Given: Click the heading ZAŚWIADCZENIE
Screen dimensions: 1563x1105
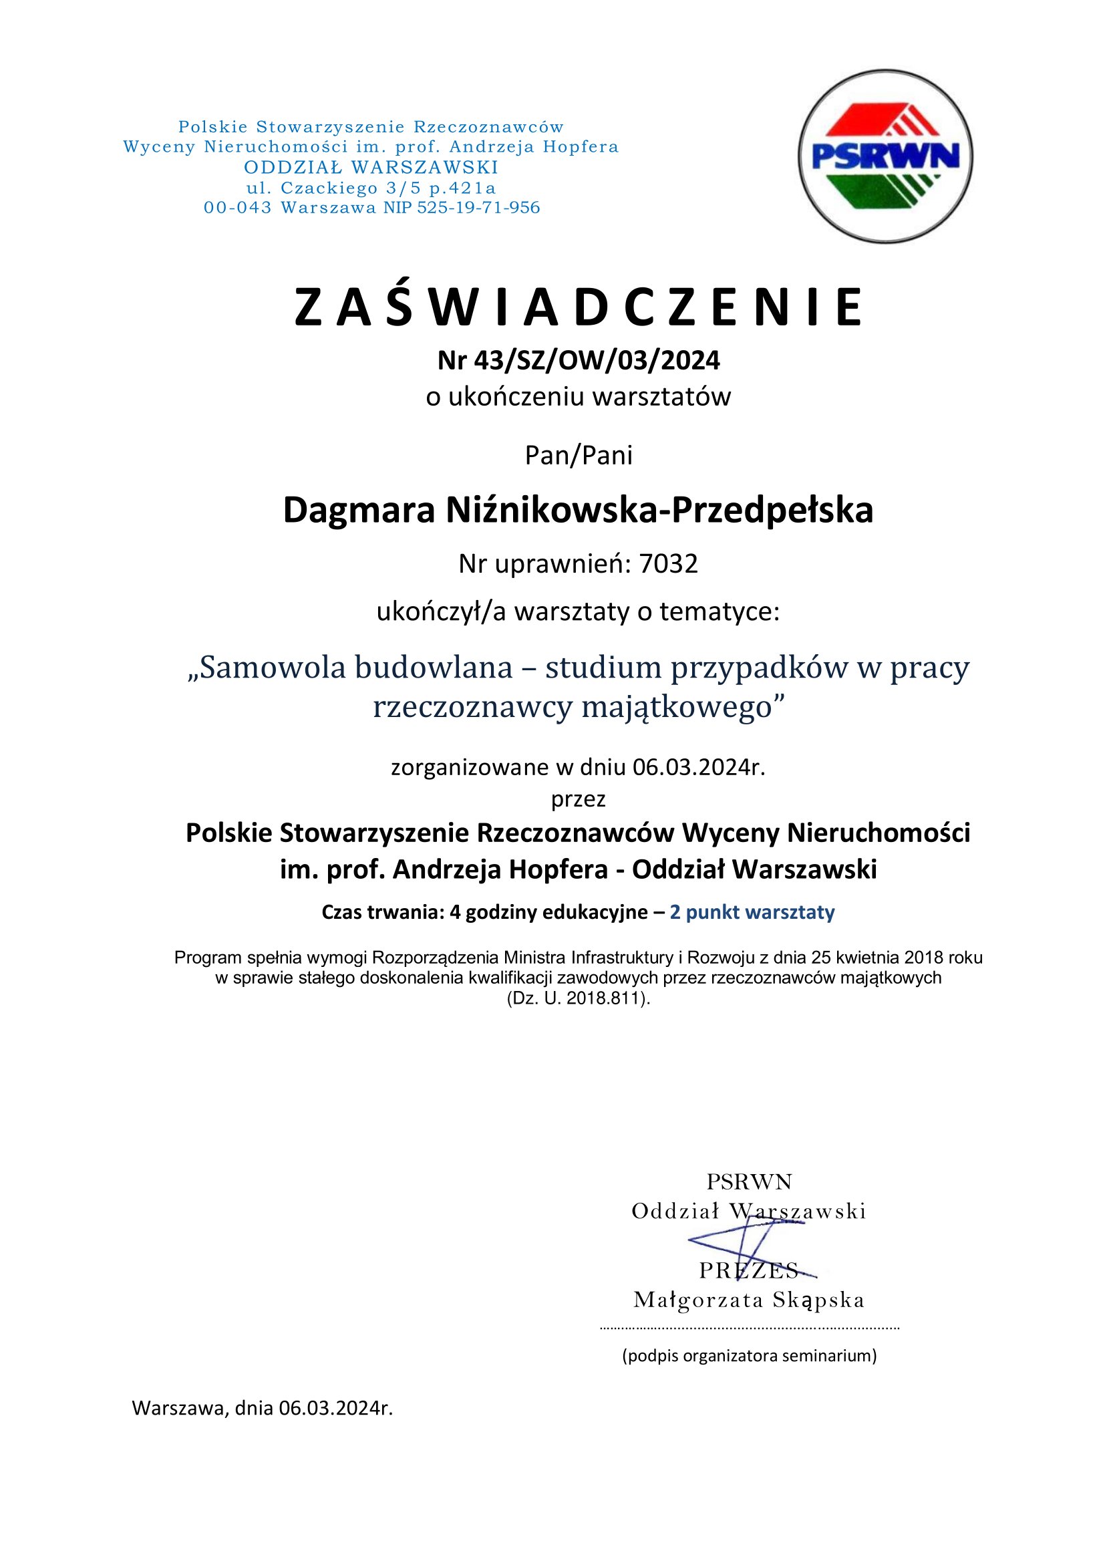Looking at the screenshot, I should coord(579,307).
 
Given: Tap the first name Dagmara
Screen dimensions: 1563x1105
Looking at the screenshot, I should coord(359,510).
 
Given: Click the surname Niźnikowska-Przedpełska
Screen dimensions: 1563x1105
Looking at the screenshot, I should coord(659,510).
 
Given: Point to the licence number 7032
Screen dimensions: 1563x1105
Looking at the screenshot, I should coord(668,564).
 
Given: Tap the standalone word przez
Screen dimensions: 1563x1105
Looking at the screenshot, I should coord(579,798).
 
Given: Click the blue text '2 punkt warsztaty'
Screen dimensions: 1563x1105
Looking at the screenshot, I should coord(752,912).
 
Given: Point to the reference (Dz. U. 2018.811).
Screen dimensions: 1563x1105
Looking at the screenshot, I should coord(579,998).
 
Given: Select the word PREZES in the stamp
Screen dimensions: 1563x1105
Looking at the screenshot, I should coord(748,1270).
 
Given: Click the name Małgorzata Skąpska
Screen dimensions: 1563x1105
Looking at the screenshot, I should coord(748,1300).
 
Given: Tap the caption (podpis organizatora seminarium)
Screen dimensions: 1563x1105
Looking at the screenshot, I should coord(749,1355).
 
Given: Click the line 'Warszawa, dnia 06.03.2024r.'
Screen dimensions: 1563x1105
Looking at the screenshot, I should coord(263,1408).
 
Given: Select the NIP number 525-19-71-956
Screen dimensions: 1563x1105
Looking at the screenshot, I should coord(478,208).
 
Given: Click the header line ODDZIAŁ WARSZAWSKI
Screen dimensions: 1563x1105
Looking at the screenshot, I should coord(371,167).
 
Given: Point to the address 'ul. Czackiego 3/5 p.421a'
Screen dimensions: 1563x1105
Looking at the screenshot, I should coord(371,187).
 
